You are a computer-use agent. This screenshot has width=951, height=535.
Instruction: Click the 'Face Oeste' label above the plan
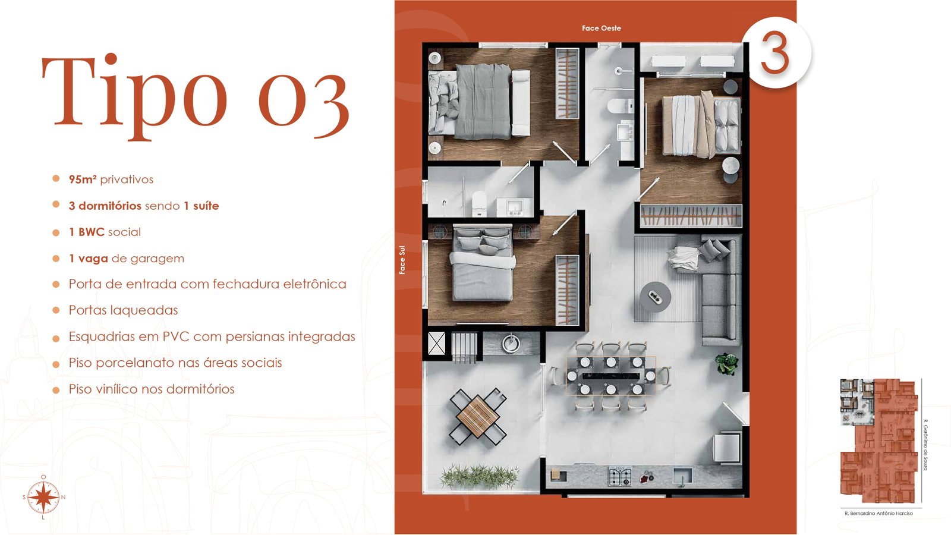click(x=601, y=28)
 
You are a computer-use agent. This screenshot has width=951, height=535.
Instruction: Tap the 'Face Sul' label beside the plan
click(x=402, y=260)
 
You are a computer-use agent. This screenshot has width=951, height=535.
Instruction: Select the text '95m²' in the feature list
click(x=83, y=179)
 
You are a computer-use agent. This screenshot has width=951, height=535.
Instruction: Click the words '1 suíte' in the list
click(x=201, y=206)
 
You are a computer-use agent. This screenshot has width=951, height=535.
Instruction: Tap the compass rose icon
click(x=44, y=497)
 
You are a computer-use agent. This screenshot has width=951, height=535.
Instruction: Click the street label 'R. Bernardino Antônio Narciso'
click(x=879, y=514)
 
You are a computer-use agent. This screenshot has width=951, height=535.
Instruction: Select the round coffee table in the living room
click(x=656, y=297)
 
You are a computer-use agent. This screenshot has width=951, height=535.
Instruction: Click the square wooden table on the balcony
click(x=478, y=416)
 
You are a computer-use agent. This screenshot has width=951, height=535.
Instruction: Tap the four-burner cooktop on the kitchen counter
click(x=620, y=476)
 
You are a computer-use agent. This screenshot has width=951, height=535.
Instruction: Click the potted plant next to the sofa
click(x=726, y=364)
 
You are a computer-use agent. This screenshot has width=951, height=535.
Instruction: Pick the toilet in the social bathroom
click(x=479, y=203)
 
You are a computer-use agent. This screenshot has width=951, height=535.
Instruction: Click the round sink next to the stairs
click(x=511, y=344)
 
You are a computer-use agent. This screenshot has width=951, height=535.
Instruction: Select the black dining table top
click(x=611, y=376)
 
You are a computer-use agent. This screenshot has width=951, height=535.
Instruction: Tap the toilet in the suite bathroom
click(x=620, y=106)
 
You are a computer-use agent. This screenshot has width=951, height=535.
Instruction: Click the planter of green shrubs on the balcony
click(x=480, y=476)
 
